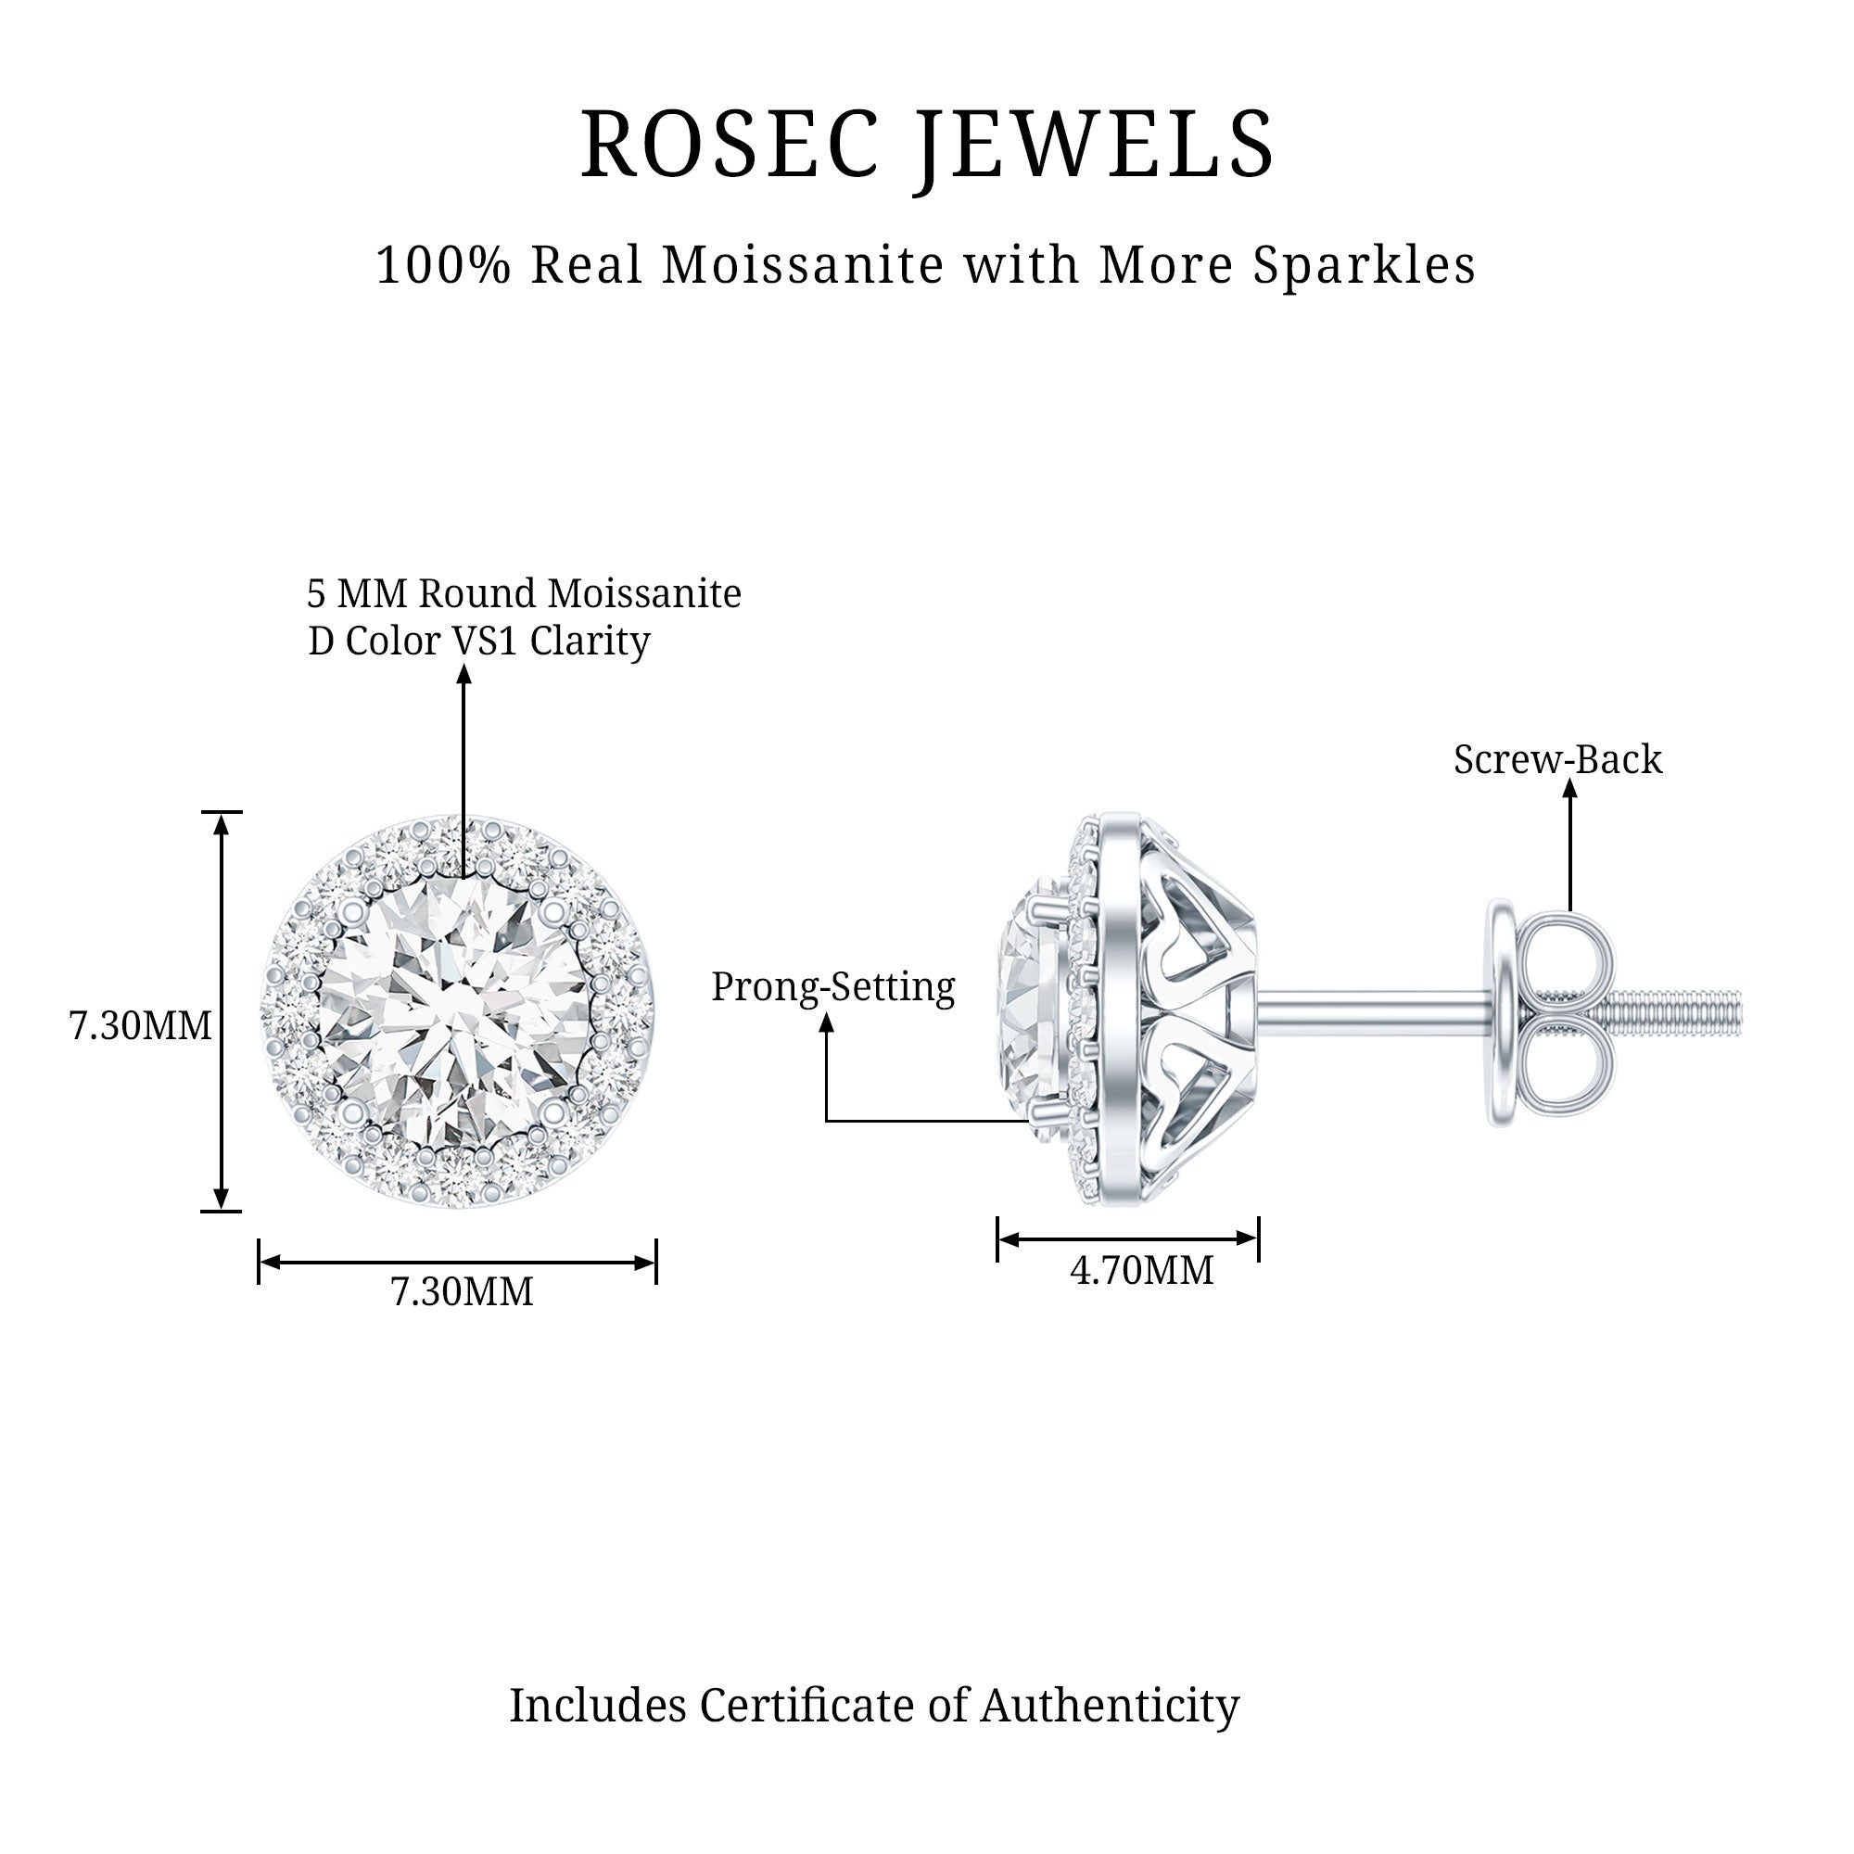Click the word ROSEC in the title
pos(730,145)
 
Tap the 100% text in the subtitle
pos(442,265)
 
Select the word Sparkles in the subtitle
pos(1364,265)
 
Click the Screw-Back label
pos(1556,760)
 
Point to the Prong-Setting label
pos(833,987)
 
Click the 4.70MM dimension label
pos(1141,1271)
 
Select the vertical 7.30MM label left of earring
pos(140,1026)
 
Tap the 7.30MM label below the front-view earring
pos(462,1291)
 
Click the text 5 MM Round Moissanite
pos(524,594)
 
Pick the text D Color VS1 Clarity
pos(479,641)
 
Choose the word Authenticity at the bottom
pos(1110,1706)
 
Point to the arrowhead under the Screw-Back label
pos(1570,789)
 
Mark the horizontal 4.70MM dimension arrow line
pos(1127,1238)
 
